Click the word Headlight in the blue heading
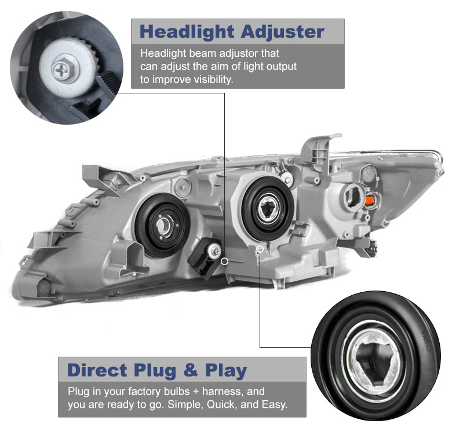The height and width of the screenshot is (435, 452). click(187, 32)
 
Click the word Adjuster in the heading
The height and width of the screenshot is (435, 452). click(283, 32)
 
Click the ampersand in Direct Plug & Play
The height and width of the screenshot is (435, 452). click(191, 370)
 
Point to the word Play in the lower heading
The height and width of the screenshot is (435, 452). click(226, 371)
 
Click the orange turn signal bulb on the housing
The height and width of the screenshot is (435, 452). click(369, 200)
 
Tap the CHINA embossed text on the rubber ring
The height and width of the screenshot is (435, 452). click(427, 341)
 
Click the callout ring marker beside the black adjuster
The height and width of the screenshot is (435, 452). click(225, 262)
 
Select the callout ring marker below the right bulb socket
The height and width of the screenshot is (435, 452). click(260, 249)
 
